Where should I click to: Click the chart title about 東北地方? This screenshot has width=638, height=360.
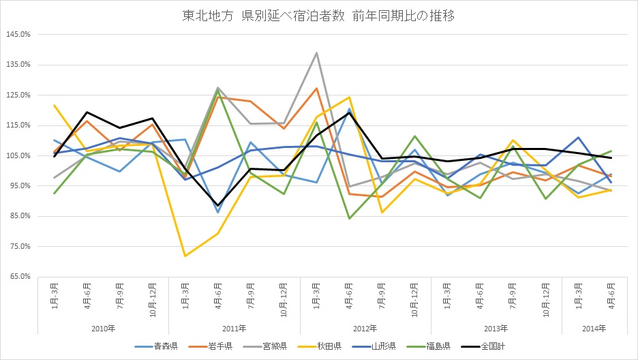[x=319, y=15]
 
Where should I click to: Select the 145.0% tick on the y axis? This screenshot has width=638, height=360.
[x=17, y=34]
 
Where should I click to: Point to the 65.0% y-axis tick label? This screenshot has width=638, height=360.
[x=18, y=277]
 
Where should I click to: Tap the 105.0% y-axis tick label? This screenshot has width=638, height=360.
[x=17, y=155]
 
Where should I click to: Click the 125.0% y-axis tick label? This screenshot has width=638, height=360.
[x=17, y=95]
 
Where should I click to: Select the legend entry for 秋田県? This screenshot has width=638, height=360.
[x=331, y=346]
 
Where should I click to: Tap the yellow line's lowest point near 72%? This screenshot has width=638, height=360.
[x=185, y=256]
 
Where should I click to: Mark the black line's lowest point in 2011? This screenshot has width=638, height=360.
[x=218, y=205]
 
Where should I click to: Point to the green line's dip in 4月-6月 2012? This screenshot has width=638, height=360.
[x=350, y=218]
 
